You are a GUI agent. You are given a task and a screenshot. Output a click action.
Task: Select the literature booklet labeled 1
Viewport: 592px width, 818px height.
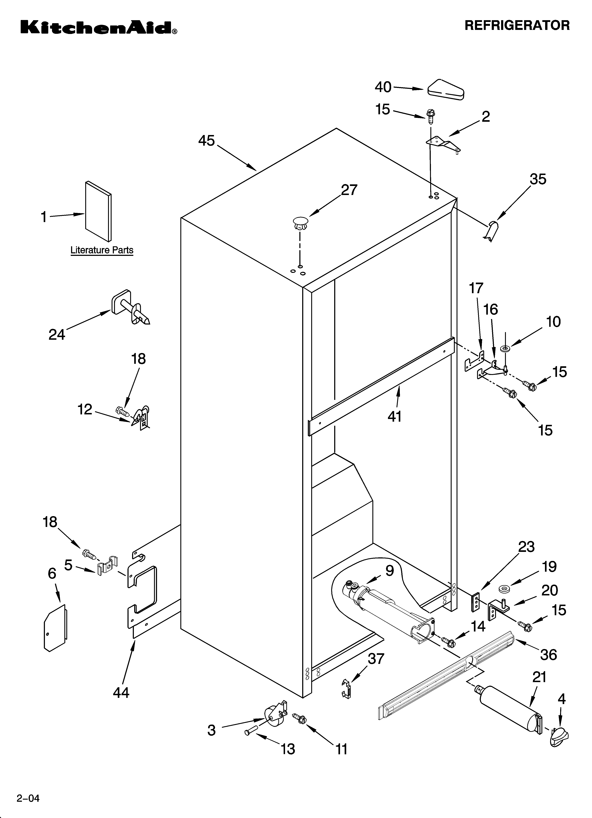[x=98, y=211]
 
